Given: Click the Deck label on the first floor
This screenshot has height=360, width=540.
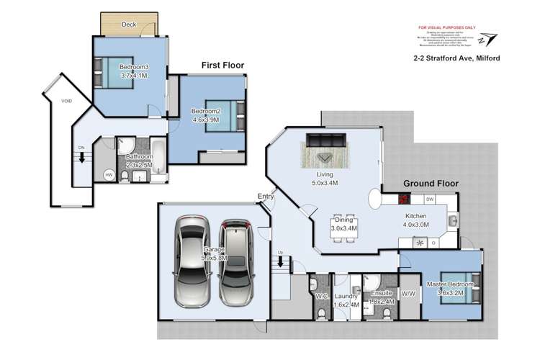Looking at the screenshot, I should click(x=129, y=24).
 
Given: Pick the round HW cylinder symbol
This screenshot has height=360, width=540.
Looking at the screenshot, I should click(x=109, y=175).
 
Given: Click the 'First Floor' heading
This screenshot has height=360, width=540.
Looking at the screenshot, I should click(x=222, y=66).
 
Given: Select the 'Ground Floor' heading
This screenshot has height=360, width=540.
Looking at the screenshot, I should click(x=430, y=184).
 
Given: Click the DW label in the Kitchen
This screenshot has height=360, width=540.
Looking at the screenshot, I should click(x=430, y=199).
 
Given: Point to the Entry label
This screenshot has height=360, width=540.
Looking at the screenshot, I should click(x=266, y=197).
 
